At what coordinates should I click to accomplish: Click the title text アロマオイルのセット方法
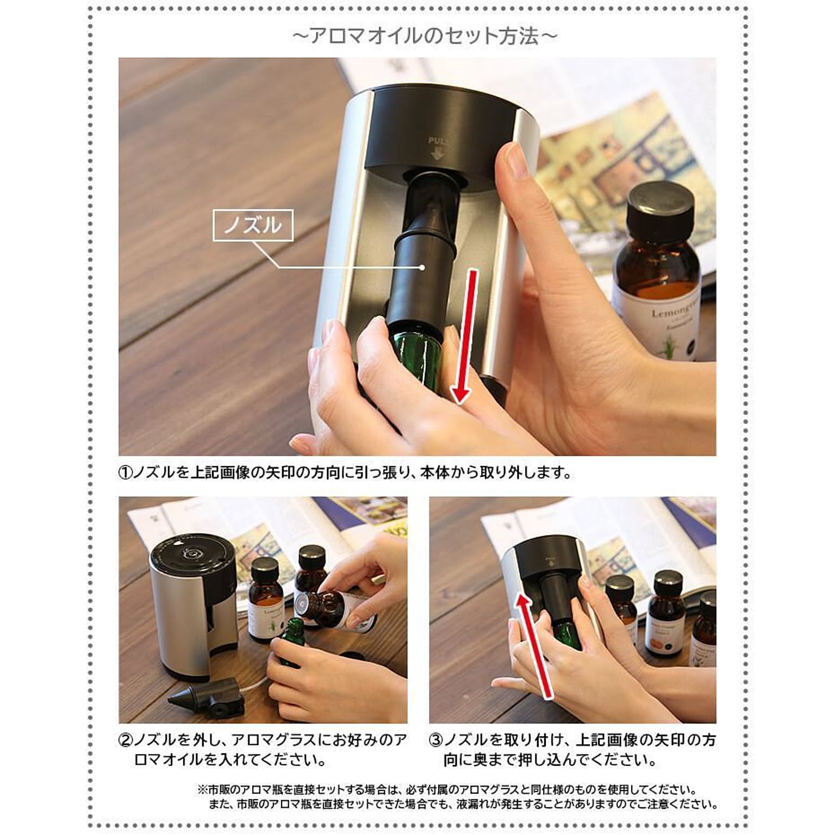click(x=425, y=36)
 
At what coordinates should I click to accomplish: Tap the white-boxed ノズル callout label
click(x=253, y=225)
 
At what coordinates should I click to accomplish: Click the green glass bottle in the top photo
click(x=416, y=353)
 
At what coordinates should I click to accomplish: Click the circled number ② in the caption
click(x=125, y=740)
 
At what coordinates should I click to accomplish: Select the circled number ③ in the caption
click(x=436, y=740)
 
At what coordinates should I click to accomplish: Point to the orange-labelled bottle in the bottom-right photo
click(x=664, y=620)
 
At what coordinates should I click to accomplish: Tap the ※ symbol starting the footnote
click(x=202, y=790)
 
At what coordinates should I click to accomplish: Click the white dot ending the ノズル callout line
click(x=422, y=267)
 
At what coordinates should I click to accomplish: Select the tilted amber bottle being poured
click(x=334, y=609)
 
